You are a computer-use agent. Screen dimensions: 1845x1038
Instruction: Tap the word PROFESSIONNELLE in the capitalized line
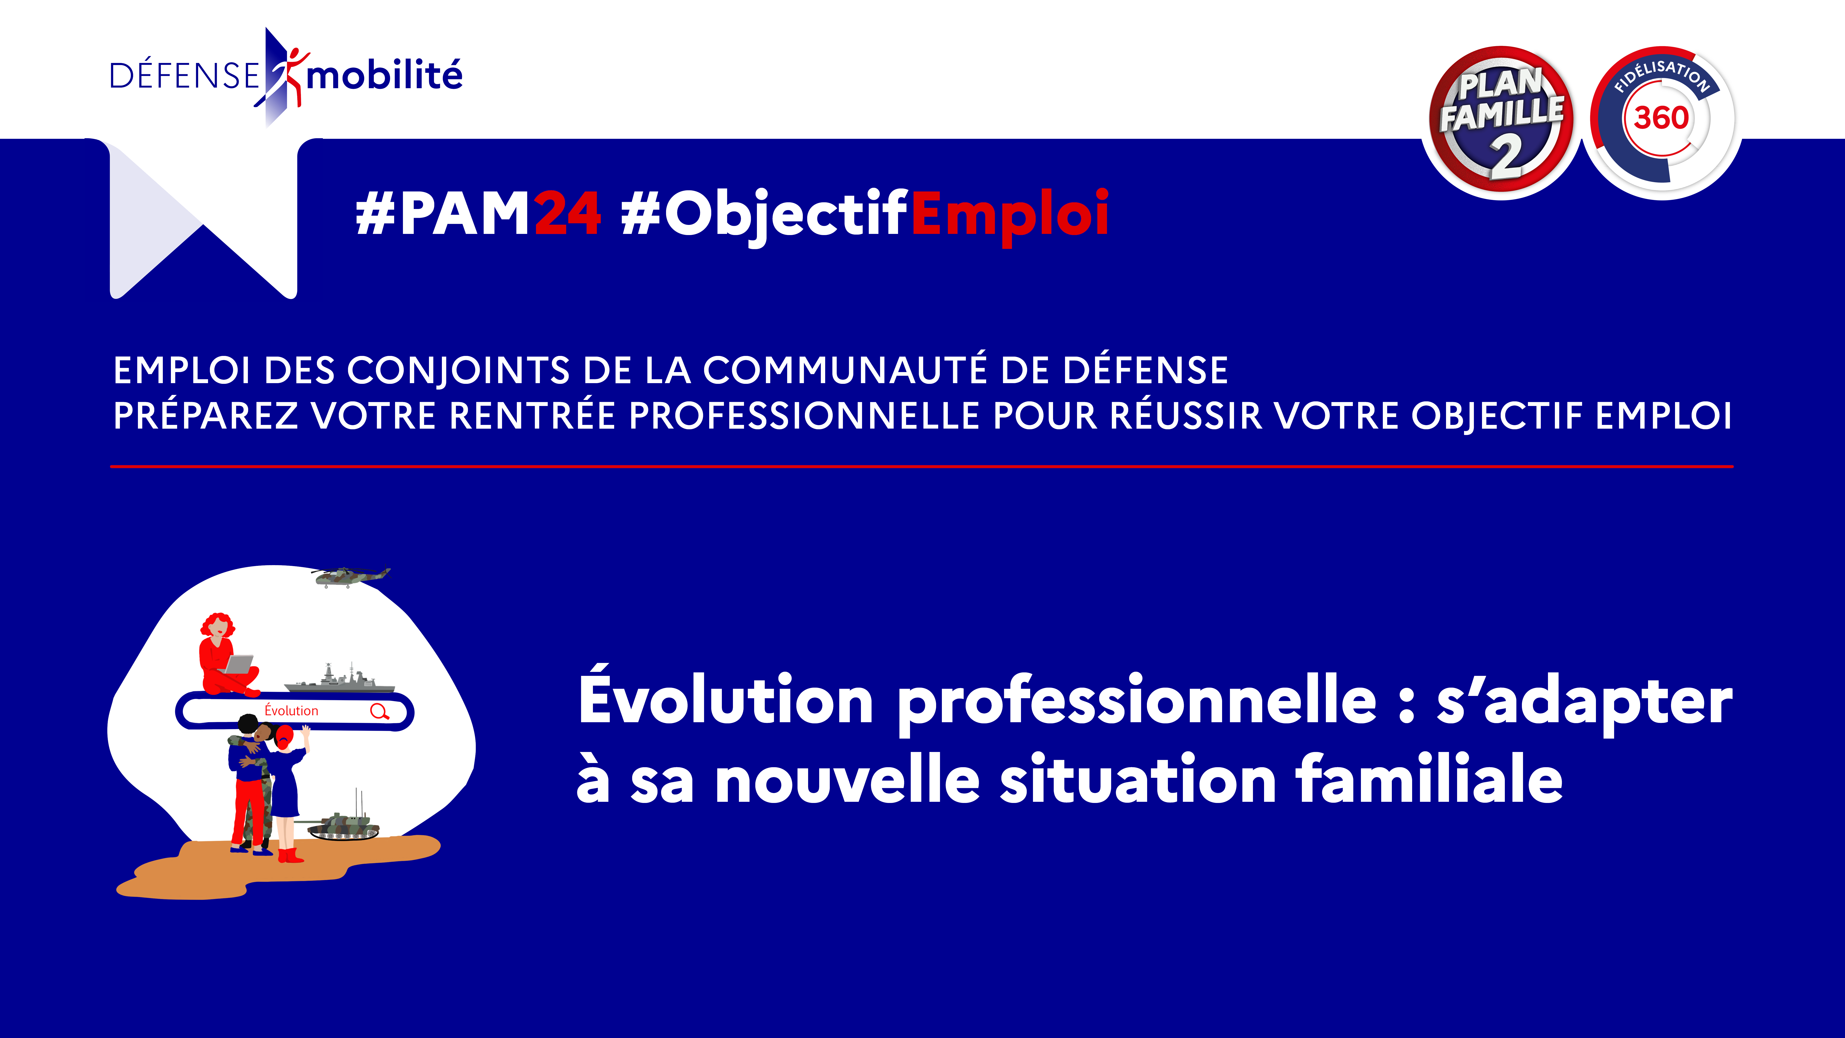pos(803,416)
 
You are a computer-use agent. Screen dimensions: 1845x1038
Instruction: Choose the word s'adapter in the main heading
pos(1584,702)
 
